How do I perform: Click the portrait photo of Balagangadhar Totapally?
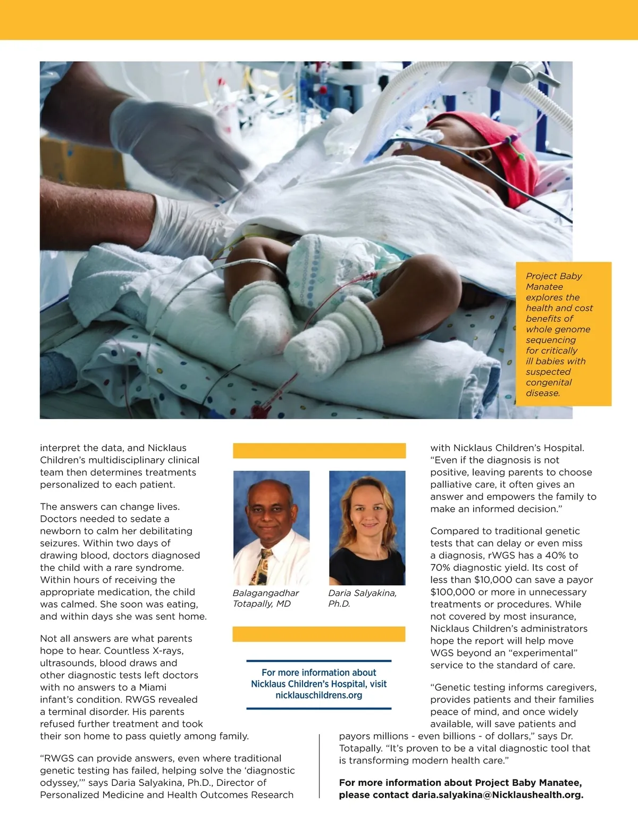[271, 527]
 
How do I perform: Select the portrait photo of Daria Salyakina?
[367, 527]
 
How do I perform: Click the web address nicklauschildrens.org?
[318, 695]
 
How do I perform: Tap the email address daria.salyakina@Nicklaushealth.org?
[497, 795]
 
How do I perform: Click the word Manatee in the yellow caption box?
[544, 287]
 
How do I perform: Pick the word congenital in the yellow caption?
[548, 383]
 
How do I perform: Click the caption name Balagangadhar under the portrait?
[266, 593]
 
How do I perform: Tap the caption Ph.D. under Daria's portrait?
[339, 604]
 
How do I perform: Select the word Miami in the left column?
[153, 687]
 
